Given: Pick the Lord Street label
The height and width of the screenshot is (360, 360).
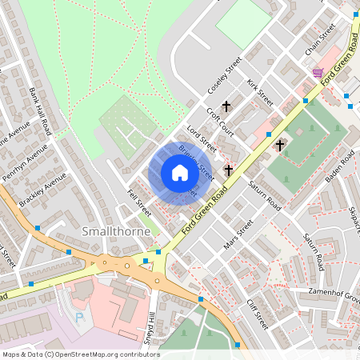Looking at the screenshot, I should tap(202, 138).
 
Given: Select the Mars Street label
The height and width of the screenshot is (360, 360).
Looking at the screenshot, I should tap(238, 234).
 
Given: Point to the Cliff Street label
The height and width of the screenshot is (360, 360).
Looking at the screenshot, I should tap(257, 314).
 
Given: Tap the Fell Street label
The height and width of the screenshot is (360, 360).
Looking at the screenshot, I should tap(139, 203).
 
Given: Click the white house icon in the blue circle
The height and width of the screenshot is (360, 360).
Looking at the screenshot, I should tap(180, 173).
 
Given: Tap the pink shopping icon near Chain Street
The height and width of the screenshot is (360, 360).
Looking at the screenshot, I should tap(318, 72).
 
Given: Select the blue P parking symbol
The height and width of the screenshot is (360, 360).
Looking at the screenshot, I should tap(78, 317).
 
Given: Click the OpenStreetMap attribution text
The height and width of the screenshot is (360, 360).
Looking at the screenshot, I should tap(80, 354).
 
